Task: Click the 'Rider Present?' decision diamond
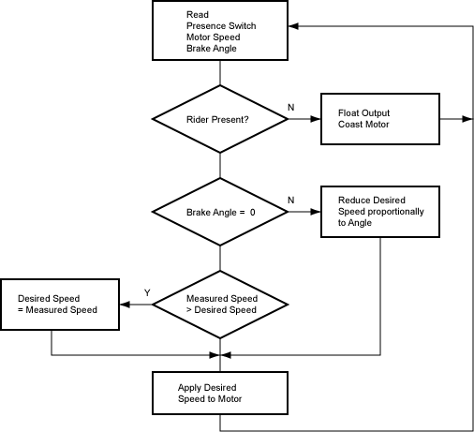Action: pyautogui.click(x=220, y=119)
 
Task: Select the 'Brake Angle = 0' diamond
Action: pyautogui.click(x=220, y=212)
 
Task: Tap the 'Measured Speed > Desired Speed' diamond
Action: pyautogui.click(x=220, y=305)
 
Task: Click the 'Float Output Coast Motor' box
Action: pyautogui.click(x=380, y=119)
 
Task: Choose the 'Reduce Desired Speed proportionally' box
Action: pyautogui.click(x=380, y=212)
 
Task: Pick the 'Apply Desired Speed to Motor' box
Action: pyautogui.click(x=220, y=393)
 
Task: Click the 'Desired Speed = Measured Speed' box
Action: pyautogui.click(x=60, y=305)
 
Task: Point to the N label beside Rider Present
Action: pyautogui.click(x=291, y=107)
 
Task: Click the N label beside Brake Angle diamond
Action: pyautogui.click(x=291, y=200)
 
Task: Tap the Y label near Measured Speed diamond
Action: pyautogui.click(x=147, y=292)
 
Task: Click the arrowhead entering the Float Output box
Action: pyautogui.click(x=316, y=119)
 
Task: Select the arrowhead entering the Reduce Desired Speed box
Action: pyautogui.click(x=316, y=212)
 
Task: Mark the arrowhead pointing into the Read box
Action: pyautogui.click(x=293, y=26)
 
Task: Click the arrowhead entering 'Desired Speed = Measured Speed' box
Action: pyautogui.click(x=125, y=305)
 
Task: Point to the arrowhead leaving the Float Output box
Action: pyautogui.click(x=467, y=119)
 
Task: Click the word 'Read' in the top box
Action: pyautogui.click(x=198, y=14)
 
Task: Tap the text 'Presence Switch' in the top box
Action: pyautogui.click(x=221, y=25)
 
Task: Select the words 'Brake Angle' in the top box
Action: pyautogui.click(x=212, y=49)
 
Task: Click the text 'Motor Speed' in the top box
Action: pyautogui.click(x=214, y=37)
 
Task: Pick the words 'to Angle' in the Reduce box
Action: pyautogui.click(x=355, y=223)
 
